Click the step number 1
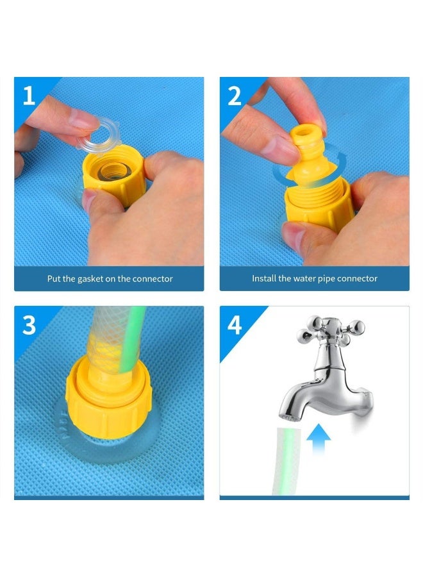(29, 96)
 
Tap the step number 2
(235, 96)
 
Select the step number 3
(29, 325)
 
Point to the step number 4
(235, 325)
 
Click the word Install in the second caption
(264, 279)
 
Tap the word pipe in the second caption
(327, 279)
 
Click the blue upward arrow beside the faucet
(319, 439)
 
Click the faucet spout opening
(290, 417)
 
